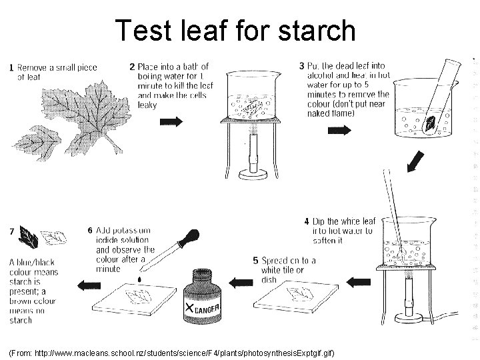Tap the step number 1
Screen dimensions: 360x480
coord(11,67)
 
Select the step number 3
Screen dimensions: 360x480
coord(302,66)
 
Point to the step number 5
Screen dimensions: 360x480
coord(255,261)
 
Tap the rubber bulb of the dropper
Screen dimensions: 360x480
coord(191,237)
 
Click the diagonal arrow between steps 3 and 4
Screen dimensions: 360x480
coord(416,161)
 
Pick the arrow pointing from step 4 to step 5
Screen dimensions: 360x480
coord(358,281)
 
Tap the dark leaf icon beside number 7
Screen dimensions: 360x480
coord(28,235)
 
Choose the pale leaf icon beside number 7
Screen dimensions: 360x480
coord(54,235)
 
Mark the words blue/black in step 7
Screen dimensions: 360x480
coord(31,263)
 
